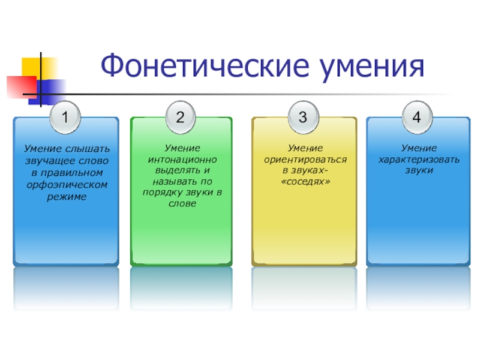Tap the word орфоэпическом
click(x=67, y=185)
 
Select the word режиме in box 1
click(x=67, y=197)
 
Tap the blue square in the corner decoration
click(x=52, y=89)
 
